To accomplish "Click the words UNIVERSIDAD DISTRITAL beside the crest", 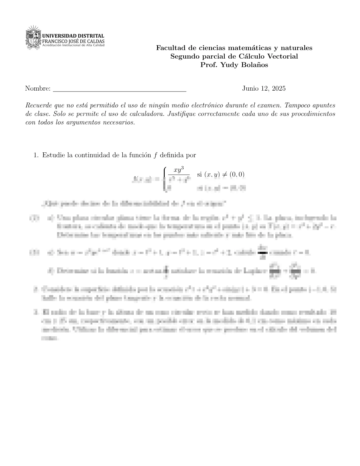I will [x=73, y=36].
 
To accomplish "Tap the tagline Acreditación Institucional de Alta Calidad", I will [x=74, y=46].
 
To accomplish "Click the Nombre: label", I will [x=38, y=89].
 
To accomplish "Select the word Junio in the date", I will [x=250, y=89].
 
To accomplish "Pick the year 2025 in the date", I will [x=278, y=89].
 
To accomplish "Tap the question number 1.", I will [x=36, y=155].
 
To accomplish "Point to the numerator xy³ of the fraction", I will [x=179, y=170].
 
